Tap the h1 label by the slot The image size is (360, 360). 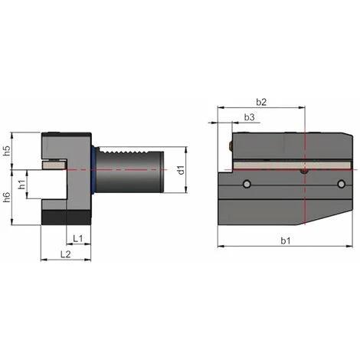23,184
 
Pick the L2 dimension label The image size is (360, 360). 66,254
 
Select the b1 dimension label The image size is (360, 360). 286,241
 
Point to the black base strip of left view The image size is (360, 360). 66,219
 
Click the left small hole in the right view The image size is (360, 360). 247,184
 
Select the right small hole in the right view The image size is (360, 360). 341,184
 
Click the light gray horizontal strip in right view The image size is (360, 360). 291,165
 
